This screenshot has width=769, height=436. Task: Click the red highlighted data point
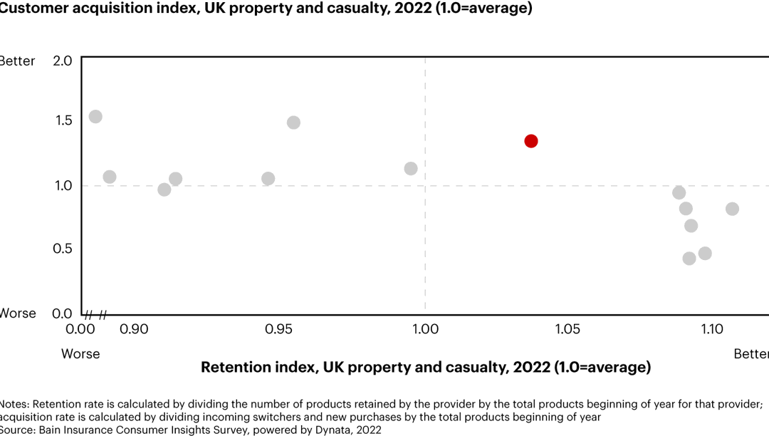point(530,141)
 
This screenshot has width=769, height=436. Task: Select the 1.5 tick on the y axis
point(63,120)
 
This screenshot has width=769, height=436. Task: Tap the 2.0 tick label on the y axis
point(63,61)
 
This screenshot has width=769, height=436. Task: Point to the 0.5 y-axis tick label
point(63,249)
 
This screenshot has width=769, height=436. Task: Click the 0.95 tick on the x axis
point(278,330)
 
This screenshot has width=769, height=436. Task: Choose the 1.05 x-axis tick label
point(567,330)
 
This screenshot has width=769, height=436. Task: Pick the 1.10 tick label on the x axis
point(713,330)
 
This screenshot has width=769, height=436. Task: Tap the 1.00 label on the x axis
point(425,330)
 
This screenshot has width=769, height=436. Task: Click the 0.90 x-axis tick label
point(134,330)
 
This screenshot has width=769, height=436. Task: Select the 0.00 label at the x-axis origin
point(80,330)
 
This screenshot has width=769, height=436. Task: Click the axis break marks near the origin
point(96,314)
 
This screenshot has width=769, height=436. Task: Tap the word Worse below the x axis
point(80,354)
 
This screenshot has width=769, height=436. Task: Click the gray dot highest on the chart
point(95,117)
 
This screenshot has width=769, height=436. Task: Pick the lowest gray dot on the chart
point(689,259)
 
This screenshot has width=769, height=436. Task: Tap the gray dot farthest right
point(732,209)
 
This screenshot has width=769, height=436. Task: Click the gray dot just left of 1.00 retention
point(411,169)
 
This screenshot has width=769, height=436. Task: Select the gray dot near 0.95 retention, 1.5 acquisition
point(293,123)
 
